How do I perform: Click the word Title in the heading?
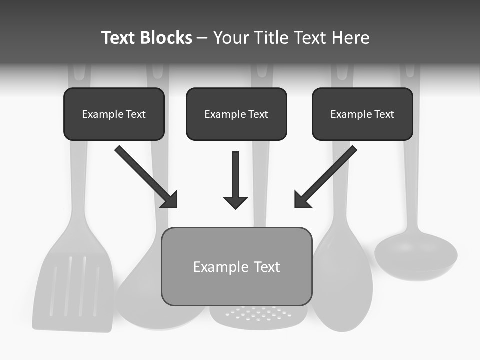(x=269, y=38)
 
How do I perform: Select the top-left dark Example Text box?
(x=114, y=114)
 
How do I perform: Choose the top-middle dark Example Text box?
(x=236, y=114)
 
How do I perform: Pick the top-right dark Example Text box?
(x=362, y=114)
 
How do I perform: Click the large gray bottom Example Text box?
(x=236, y=266)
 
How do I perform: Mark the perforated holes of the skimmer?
(x=258, y=314)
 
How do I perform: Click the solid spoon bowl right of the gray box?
(x=342, y=280)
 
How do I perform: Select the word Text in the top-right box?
(x=384, y=114)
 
